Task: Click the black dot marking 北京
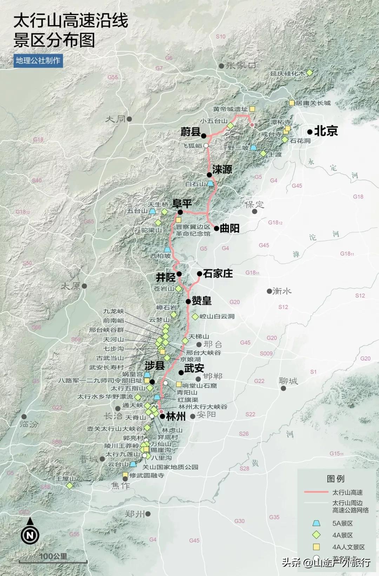tap(310, 132)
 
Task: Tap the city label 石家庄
tap(218, 273)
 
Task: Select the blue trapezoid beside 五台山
tap(153, 211)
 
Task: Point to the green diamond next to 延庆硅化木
tap(310, 73)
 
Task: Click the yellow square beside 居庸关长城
tap(292, 103)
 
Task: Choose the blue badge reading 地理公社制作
tap(38, 60)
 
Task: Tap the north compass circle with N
tap(30, 535)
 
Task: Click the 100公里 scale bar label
tap(53, 556)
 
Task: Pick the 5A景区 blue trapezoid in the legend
tap(317, 523)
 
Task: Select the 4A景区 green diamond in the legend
tap(317, 535)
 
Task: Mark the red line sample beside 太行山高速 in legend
tap(316, 493)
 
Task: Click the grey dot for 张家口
tap(221, 66)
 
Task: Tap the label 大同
tap(115, 119)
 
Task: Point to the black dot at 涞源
tap(209, 175)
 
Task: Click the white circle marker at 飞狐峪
tap(206, 146)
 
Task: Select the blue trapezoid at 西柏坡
tap(167, 249)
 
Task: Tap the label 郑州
tap(135, 514)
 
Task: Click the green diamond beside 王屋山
tap(69, 485)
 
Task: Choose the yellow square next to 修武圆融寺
tap(125, 475)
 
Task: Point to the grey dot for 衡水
tap(269, 291)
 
